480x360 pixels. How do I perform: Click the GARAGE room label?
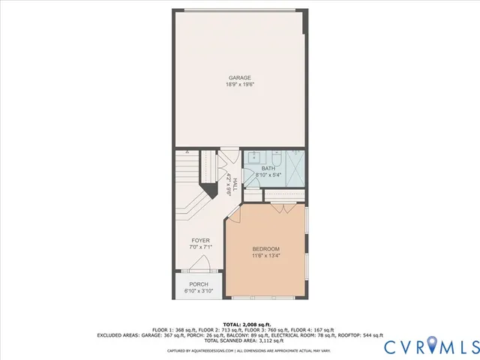pyautogui.click(x=240, y=77)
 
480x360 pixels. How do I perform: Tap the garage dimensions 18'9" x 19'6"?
pyautogui.click(x=240, y=84)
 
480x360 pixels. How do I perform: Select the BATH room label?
pyautogui.click(x=268, y=168)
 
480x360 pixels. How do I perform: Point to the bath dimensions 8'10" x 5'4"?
pyautogui.click(x=268, y=175)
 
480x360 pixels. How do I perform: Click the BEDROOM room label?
pyautogui.click(x=265, y=249)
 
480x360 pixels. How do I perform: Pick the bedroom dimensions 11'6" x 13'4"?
pyautogui.click(x=265, y=256)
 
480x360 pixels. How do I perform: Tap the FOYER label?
pyautogui.click(x=200, y=241)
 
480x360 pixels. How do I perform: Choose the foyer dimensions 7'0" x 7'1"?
pyautogui.click(x=200, y=247)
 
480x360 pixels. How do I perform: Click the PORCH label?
pyautogui.click(x=199, y=284)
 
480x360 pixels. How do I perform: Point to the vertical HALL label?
pyautogui.click(x=235, y=183)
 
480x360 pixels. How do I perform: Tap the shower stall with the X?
pyautogui.click(x=295, y=169)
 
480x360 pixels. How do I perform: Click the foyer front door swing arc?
pyautogui.click(x=199, y=263)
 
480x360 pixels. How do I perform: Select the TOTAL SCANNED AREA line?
pyautogui.click(x=240, y=340)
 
